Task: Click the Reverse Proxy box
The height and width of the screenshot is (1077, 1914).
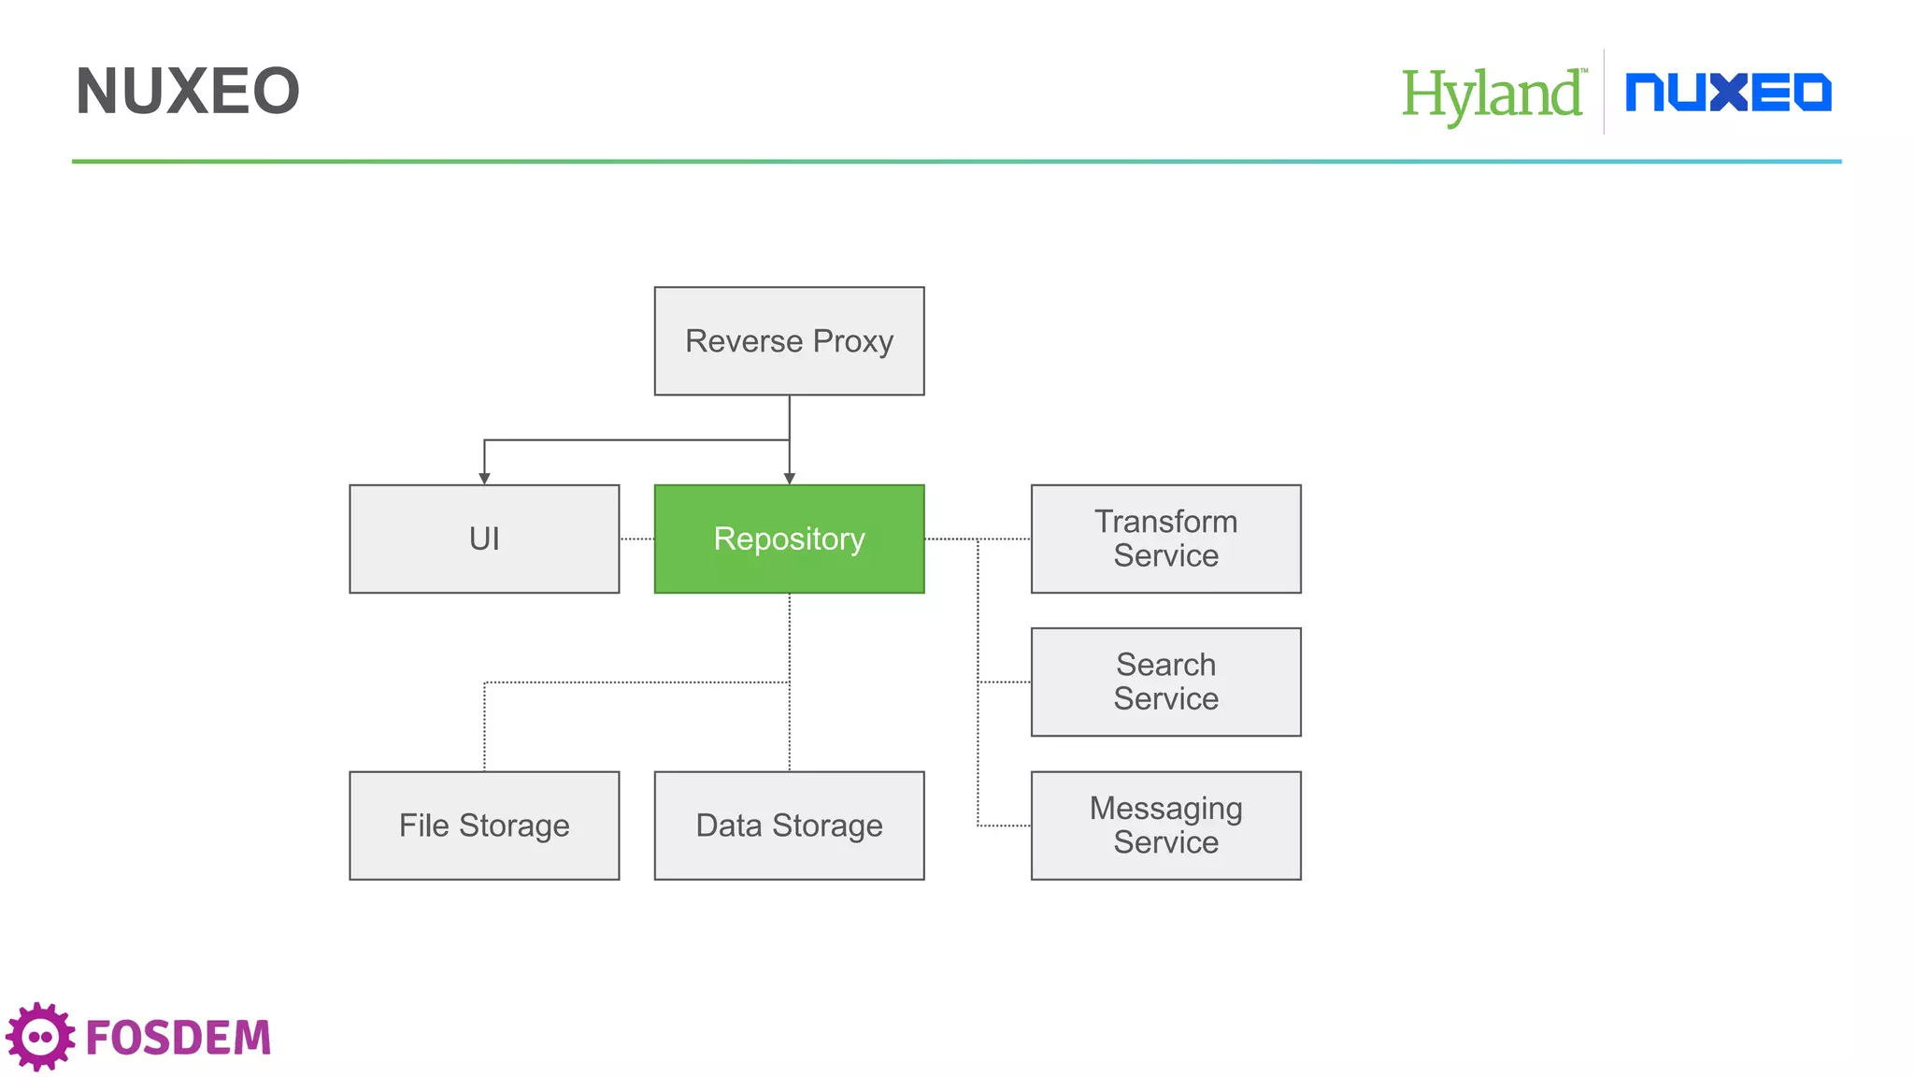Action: coord(789,341)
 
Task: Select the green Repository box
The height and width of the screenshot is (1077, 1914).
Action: coord(789,538)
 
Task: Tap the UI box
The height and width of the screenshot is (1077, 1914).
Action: coord(484,538)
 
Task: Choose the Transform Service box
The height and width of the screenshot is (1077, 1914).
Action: coord(1165,538)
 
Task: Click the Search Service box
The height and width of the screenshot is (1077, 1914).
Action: coord(1165,682)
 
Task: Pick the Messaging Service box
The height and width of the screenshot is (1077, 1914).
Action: coord(1165,825)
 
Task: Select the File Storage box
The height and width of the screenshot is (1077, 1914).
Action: coord(484,825)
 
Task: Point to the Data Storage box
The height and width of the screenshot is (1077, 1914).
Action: coord(789,825)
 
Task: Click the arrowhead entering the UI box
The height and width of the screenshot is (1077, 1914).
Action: coord(484,478)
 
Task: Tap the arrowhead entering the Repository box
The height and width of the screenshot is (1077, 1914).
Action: coord(790,478)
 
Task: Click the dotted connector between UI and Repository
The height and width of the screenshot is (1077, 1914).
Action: coord(636,538)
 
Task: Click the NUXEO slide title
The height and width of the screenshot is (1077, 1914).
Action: coord(187,92)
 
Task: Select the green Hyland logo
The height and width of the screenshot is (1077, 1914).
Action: coord(1492,94)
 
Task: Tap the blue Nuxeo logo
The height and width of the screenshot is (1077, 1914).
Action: coord(1728,93)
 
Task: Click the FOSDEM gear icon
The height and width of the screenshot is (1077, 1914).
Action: coord(40,1036)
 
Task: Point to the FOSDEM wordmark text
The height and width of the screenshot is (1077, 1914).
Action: coord(178,1038)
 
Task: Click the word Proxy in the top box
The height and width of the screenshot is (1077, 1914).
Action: coord(852,341)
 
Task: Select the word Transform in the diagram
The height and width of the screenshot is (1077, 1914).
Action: coord(1165,522)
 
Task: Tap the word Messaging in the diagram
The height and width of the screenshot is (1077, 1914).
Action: coord(1165,808)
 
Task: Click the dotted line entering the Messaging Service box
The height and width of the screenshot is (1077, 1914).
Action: coord(1005,826)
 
